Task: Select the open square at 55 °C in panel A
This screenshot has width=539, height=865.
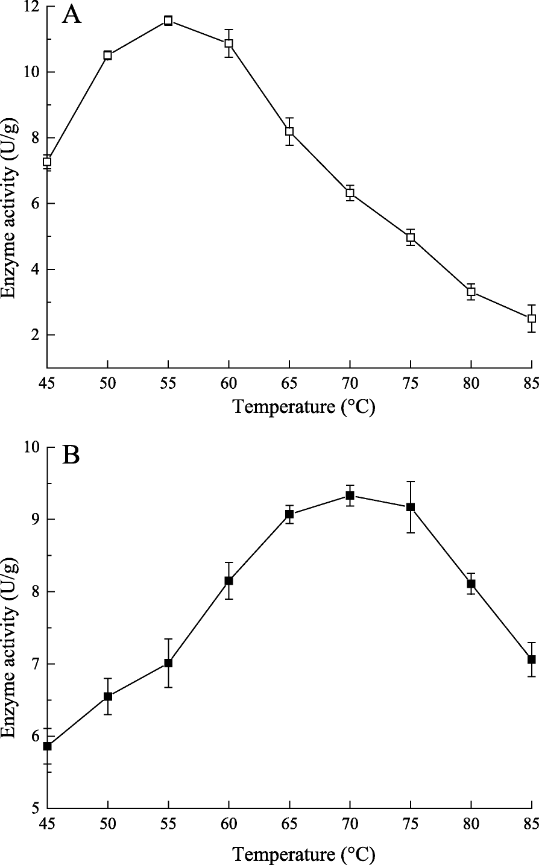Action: coord(168,20)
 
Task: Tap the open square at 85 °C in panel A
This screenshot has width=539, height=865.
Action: coord(531,318)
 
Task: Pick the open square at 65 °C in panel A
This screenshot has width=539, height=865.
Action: coord(289,131)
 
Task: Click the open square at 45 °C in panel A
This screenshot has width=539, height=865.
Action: coord(47,162)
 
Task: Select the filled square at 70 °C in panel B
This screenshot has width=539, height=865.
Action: coord(350,495)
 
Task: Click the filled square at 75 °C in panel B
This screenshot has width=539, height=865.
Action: coord(411,507)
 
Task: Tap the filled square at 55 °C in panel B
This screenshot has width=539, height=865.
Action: coord(168,662)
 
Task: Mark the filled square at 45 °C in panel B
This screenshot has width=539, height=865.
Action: coord(47,746)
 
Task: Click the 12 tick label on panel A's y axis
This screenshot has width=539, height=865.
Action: coord(29,7)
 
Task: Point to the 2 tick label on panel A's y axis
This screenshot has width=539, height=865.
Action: coord(34,335)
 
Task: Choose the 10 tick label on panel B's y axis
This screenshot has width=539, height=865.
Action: coord(29,448)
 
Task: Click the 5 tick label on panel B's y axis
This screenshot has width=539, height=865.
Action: coord(34,808)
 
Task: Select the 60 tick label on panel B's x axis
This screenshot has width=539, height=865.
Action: coord(229,824)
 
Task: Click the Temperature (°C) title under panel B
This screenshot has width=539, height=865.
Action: coord(304,854)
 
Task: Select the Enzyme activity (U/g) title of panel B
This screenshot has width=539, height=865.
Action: coord(8,628)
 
